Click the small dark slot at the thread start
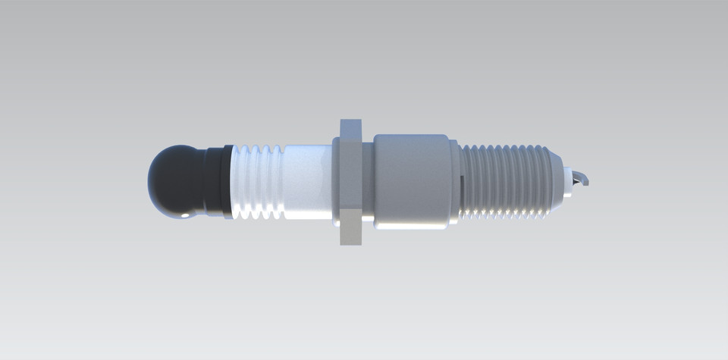(x=462, y=180)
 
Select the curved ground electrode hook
(x=585, y=179)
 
